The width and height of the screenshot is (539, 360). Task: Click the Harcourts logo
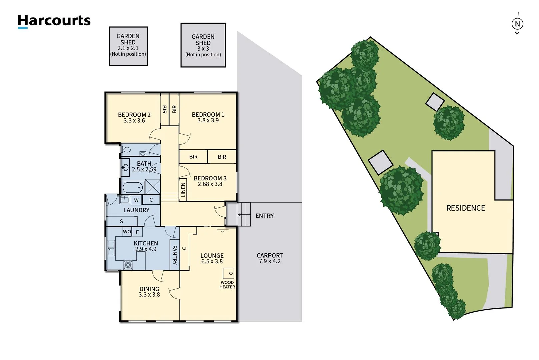click(x=54, y=21)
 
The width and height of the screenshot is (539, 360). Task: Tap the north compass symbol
click(x=517, y=24)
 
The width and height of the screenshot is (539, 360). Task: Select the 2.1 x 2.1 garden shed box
click(x=128, y=46)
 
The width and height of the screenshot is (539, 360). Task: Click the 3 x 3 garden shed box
click(x=203, y=45)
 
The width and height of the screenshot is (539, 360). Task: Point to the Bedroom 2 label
click(x=134, y=115)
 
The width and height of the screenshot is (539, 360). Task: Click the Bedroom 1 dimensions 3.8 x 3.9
click(x=208, y=121)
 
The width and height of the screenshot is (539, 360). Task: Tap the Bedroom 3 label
click(x=210, y=178)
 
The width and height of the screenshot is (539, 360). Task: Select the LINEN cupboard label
click(x=183, y=190)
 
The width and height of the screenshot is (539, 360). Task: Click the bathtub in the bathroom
click(x=133, y=187)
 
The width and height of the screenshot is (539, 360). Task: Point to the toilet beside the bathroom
click(x=126, y=150)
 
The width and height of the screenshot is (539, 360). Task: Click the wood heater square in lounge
click(x=228, y=273)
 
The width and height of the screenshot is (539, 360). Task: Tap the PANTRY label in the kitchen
click(x=174, y=255)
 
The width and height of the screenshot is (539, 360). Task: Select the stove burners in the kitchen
click(x=128, y=265)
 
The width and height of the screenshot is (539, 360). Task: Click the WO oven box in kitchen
click(x=127, y=232)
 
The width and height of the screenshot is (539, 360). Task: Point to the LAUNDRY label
click(x=136, y=210)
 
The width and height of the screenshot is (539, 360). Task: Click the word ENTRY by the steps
click(x=264, y=216)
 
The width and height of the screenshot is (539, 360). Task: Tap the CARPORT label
click(x=269, y=255)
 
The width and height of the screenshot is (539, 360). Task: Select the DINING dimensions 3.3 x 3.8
click(x=149, y=295)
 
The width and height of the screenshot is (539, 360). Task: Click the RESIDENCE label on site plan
click(x=466, y=208)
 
